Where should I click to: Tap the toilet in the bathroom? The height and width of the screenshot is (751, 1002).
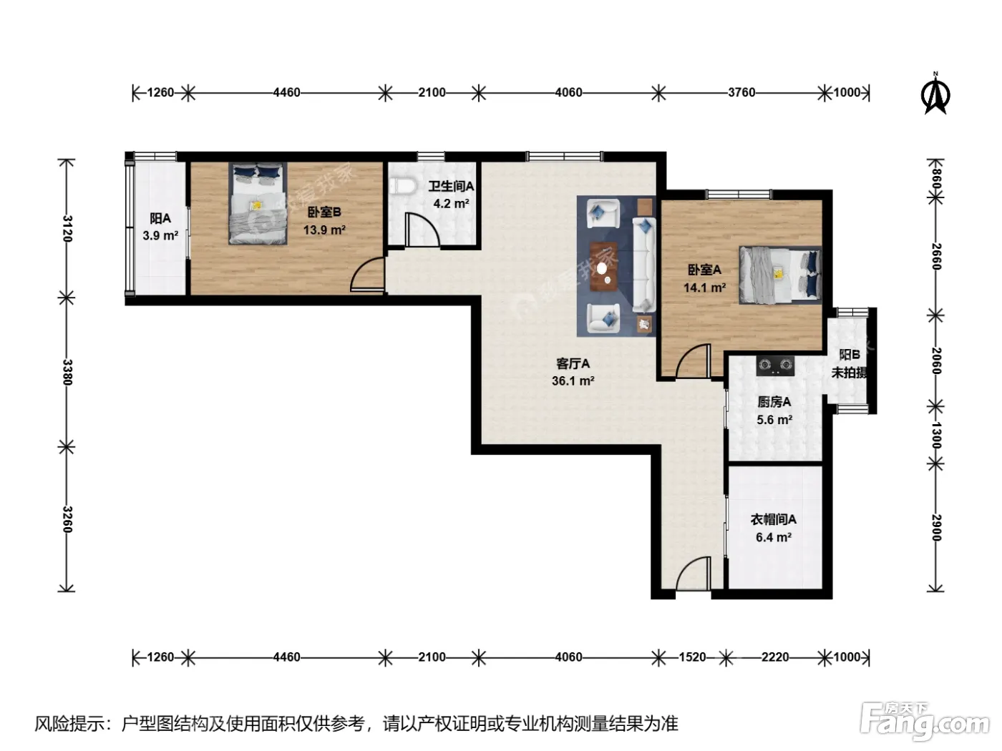402,187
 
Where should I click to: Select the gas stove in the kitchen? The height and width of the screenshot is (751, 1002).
774,365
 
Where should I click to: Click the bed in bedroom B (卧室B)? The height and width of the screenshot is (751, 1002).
258,203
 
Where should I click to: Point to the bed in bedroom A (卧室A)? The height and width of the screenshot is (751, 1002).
779,275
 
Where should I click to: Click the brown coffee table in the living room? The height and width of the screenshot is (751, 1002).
603,266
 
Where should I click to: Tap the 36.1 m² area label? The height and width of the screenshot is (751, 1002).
573,381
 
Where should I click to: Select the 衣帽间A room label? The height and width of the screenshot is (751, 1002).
773,519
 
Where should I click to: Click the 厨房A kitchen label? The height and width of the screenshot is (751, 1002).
774,402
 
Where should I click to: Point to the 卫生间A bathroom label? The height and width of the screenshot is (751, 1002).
451,186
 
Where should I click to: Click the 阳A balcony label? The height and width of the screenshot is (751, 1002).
160,218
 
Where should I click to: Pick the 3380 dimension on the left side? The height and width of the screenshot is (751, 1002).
67,372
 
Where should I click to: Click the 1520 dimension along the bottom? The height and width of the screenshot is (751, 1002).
693,657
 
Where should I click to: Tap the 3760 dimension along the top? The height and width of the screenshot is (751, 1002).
741,92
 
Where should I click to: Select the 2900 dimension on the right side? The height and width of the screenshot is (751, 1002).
936,528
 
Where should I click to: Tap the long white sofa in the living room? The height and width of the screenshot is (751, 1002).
643,265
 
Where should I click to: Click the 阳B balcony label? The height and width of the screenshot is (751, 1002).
850,355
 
